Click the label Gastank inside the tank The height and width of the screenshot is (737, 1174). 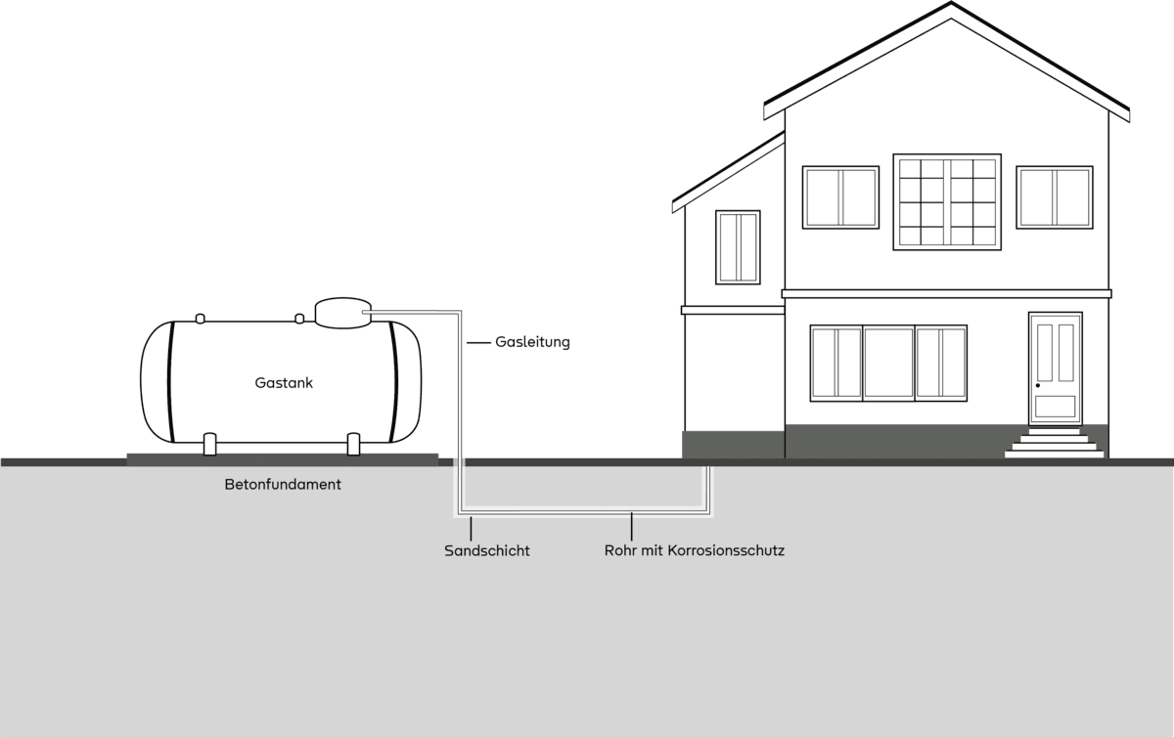point(284,383)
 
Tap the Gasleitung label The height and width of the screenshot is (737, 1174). point(532,342)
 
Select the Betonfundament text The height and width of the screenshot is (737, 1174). point(283,485)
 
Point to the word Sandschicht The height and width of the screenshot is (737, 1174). point(487,551)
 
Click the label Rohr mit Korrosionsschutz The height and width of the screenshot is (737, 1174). point(695,550)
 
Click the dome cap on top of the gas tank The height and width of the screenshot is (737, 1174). point(342,313)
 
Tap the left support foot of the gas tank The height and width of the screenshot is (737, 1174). point(209,444)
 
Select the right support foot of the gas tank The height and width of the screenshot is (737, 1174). point(354,444)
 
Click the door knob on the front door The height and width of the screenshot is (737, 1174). point(1038,385)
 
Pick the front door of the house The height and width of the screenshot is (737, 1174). point(1055,368)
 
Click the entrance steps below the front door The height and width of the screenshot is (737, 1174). point(1054,443)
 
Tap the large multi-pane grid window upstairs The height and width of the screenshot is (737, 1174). point(947,201)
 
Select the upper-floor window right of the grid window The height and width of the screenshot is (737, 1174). point(1055,197)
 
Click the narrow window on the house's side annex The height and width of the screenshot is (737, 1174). point(738,247)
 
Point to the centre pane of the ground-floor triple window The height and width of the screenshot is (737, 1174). point(889,363)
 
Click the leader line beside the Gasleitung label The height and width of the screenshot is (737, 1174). point(478,342)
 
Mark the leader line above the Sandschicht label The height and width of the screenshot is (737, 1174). point(471,529)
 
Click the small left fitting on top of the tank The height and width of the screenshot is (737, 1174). point(200,319)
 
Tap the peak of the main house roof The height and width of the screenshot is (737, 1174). point(951,3)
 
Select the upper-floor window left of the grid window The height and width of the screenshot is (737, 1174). point(840,197)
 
